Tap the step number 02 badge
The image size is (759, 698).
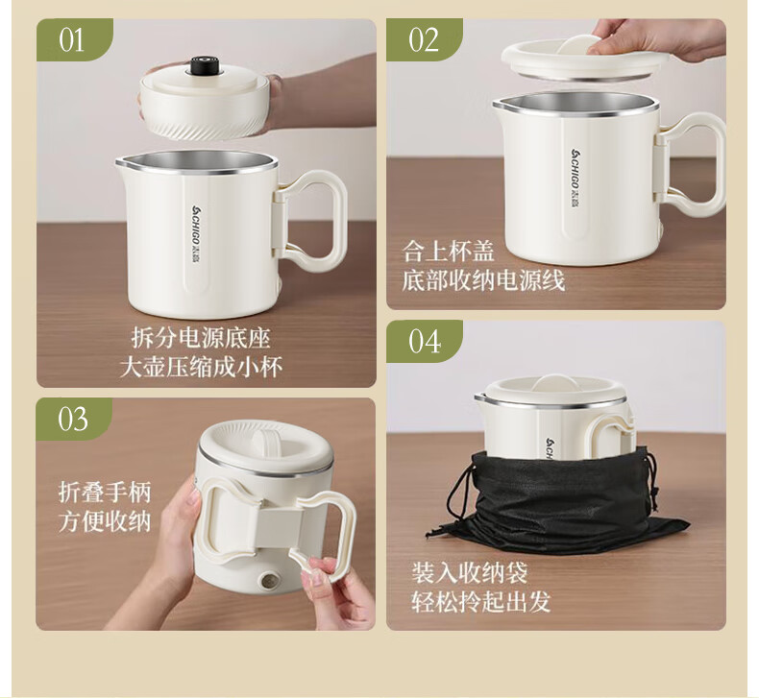[424, 39]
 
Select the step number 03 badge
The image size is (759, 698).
[74, 419]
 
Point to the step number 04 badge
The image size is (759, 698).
[424, 341]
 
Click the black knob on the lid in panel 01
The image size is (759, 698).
[203, 66]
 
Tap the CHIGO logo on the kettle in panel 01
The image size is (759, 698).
[197, 234]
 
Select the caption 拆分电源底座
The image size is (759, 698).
[201, 338]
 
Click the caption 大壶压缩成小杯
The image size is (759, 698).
[201, 367]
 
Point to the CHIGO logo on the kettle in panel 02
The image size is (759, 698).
[576, 178]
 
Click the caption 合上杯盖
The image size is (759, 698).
[448, 251]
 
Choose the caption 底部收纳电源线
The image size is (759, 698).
[483, 280]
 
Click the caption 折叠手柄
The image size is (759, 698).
[105, 492]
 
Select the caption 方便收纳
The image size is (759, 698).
[105, 521]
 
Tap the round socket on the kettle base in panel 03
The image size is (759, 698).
[268, 581]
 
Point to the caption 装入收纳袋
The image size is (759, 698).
[469, 573]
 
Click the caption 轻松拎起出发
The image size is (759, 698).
[480, 602]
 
